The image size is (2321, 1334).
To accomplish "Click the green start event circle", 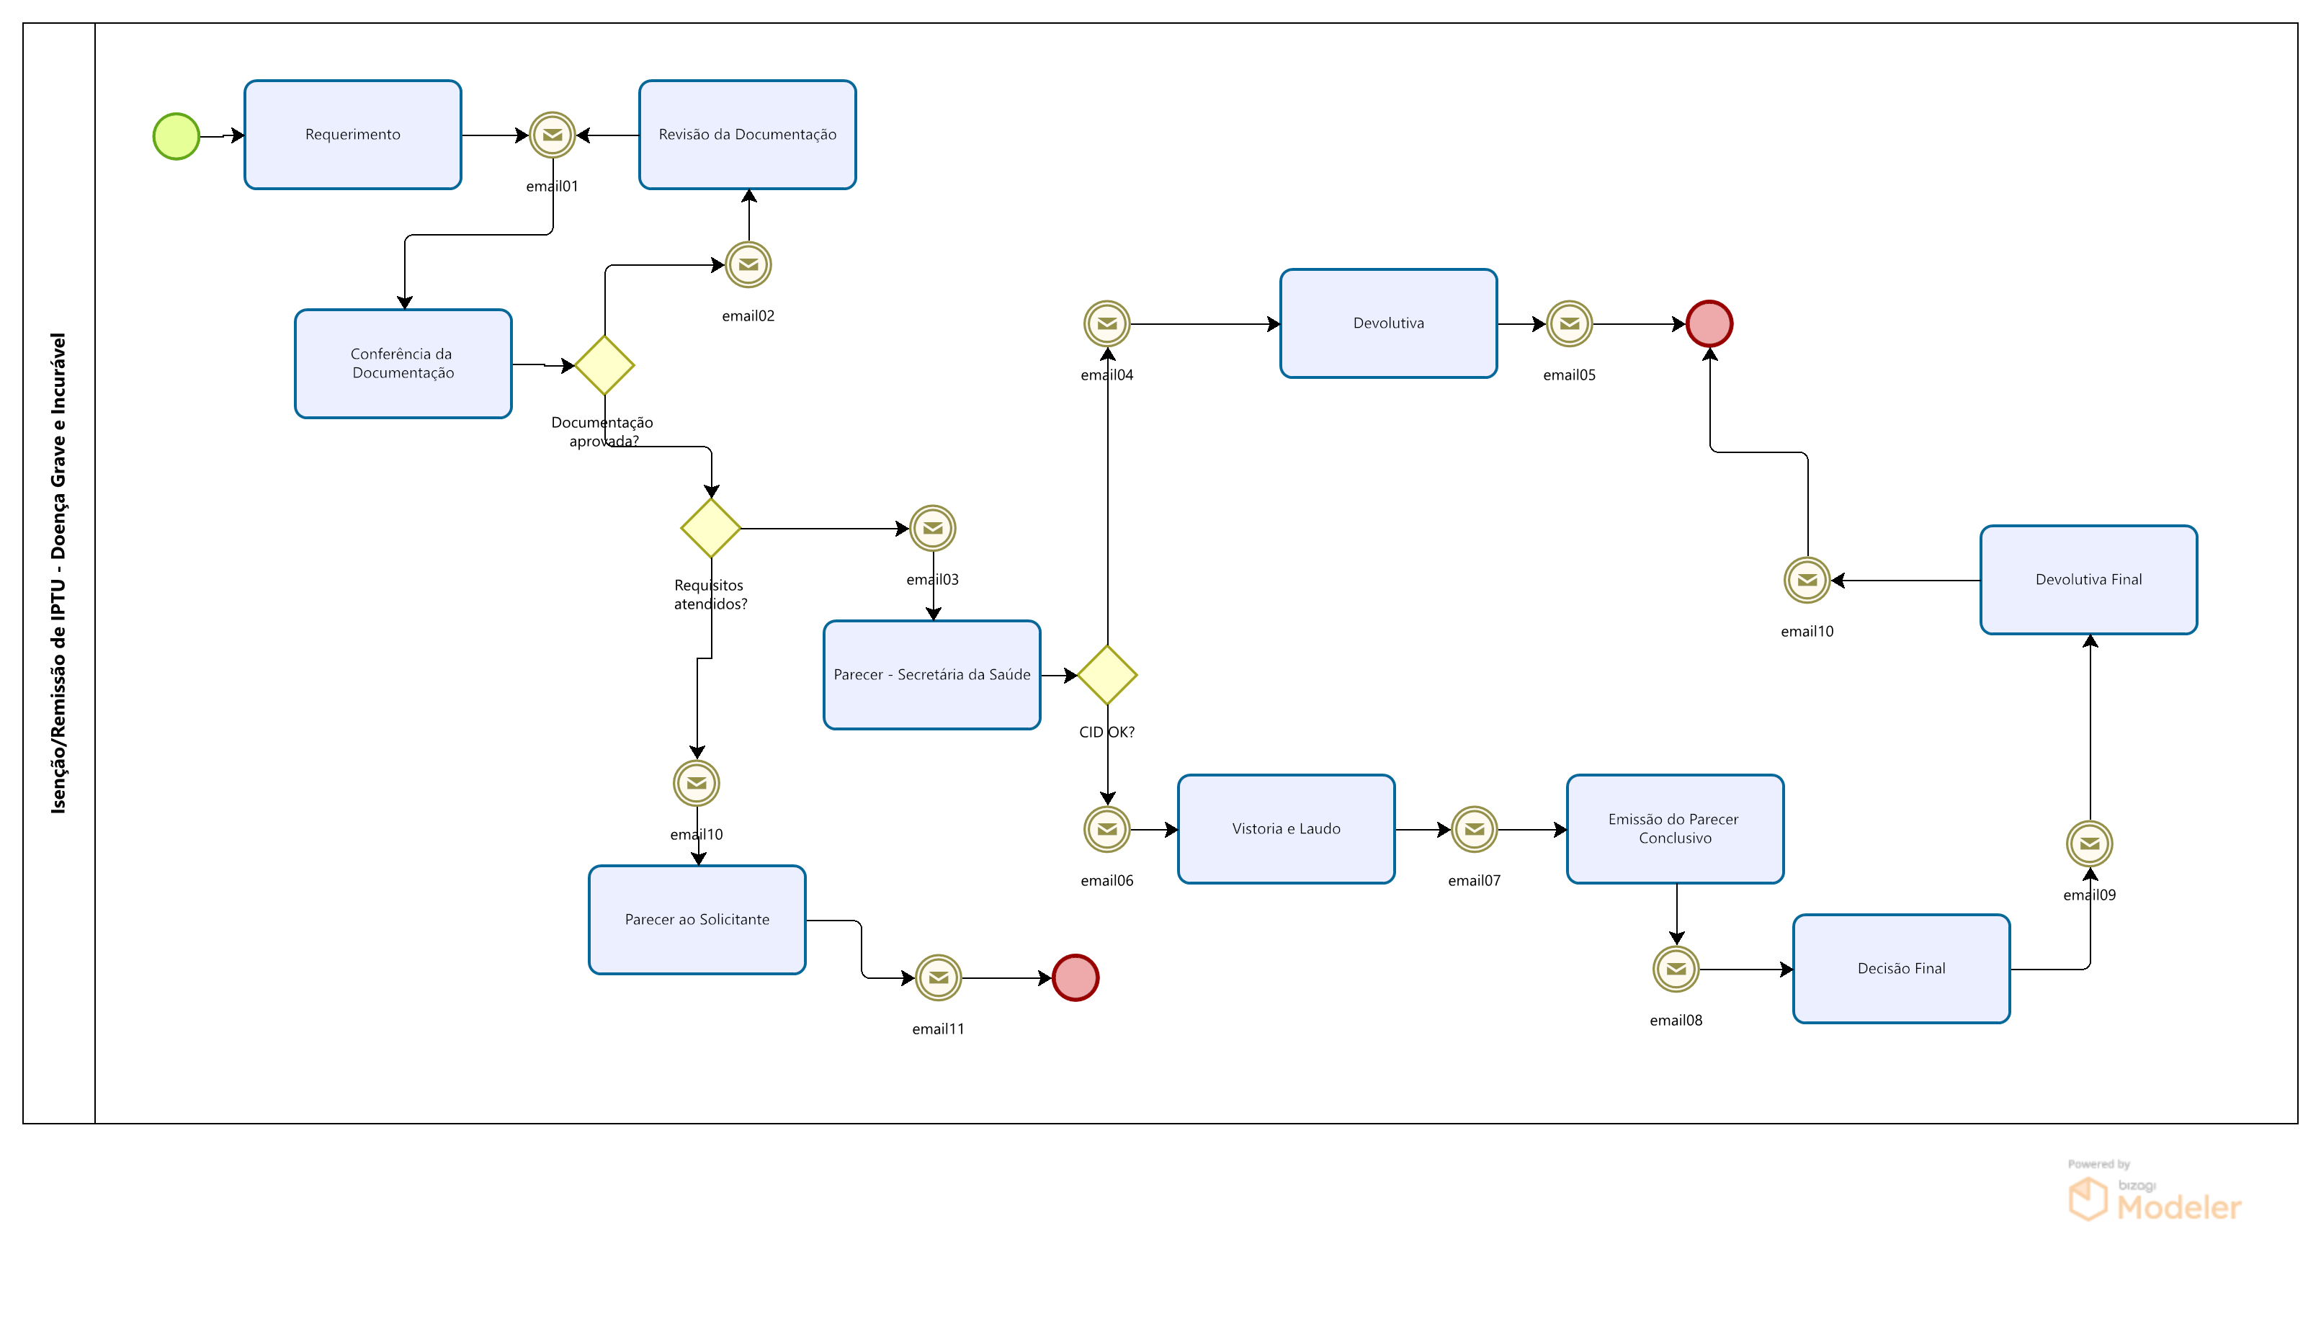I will point(176,137).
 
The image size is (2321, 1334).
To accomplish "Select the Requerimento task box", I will point(353,135).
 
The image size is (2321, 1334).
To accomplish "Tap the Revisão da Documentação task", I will point(747,135).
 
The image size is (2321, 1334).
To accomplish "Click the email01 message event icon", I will point(553,135).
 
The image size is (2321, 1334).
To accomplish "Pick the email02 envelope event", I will point(748,265).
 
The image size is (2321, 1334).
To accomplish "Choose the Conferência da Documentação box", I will point(403,364).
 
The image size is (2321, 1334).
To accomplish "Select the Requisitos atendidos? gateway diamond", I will point(711,529).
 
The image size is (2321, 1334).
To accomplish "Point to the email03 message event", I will point(933,529).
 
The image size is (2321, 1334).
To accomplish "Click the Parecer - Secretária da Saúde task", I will point(932,675).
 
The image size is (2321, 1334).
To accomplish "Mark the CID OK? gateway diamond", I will point(1107,675).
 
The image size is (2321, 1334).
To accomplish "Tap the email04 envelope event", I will point(1107,323).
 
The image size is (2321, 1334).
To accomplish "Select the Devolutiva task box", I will point(1388,323).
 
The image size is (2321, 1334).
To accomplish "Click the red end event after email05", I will point(1710,323).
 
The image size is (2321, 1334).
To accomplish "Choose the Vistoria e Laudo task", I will point(1286,829).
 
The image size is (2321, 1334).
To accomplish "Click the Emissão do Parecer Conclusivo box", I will point(1675,829).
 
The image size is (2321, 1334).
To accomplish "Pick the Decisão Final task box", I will point(1901,968).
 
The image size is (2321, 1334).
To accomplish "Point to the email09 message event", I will point(2089,843).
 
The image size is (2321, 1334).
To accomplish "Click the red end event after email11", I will point(1075,977).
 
